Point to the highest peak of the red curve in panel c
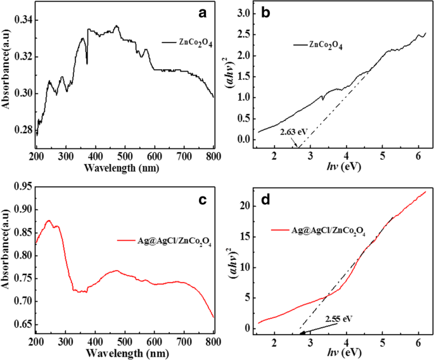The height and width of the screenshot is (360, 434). [x=48, y=221]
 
